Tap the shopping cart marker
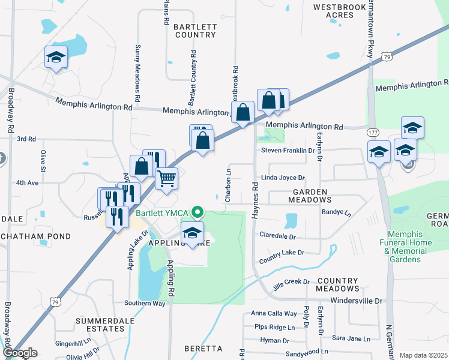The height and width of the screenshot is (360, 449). coord(166,178)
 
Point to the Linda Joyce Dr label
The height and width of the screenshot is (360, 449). coord(283,178)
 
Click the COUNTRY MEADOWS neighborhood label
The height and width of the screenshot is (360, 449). coord(337,284)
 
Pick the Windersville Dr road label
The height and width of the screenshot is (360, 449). coord(356,300)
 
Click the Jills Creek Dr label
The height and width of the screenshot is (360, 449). coord(289,281)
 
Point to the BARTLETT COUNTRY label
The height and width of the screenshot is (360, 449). coord(194,31)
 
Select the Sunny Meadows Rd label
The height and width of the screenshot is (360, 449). coord(137,72)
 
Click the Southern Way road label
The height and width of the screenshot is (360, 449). coord(144,304)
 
